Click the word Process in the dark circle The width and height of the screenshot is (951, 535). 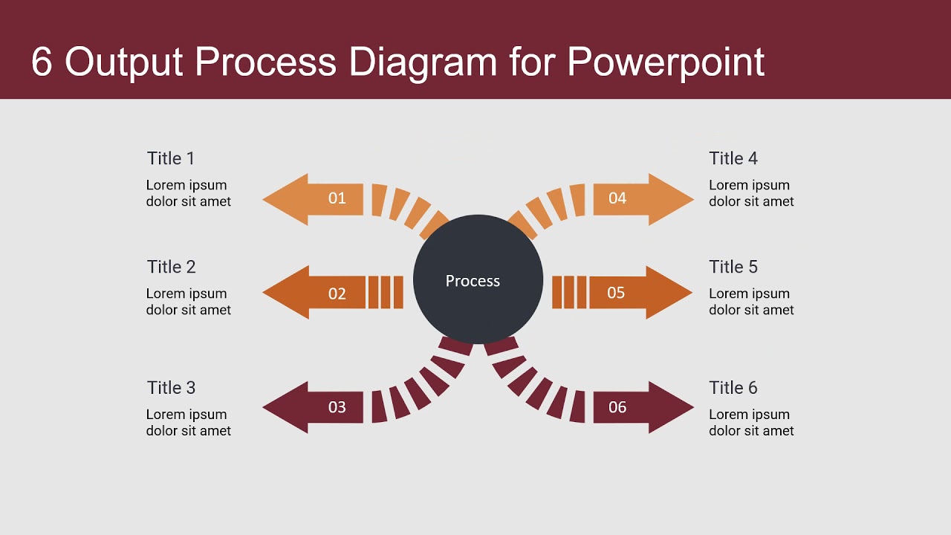point(473,281)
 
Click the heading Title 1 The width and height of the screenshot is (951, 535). point(171,158)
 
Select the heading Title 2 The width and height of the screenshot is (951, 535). point(171,267)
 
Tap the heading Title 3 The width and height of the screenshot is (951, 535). point(171,388)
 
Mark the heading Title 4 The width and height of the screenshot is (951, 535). point(733,158)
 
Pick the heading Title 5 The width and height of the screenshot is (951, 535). point(733,267)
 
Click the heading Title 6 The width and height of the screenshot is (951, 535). point(733,388)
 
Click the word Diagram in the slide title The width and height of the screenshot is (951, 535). point(423,62)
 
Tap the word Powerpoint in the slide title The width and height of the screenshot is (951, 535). point(666,62)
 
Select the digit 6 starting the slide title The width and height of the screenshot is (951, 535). point(42,62)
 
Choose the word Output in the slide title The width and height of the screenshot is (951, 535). point(123,62)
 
